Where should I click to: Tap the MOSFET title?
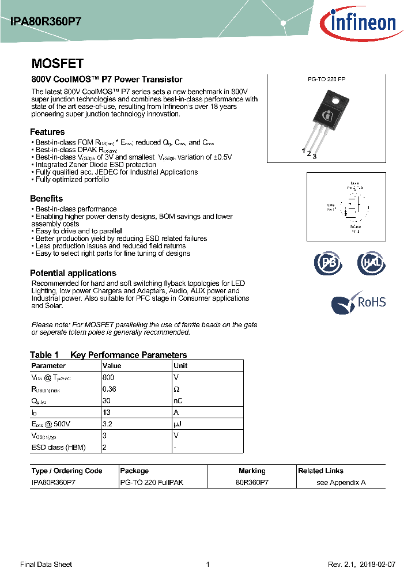tap(57, 64)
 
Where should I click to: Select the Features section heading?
tap(47, 132)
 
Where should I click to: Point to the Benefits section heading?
tap(47, 199)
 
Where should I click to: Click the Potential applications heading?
tap(73, 273)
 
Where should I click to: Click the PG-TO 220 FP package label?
tap(326, 80)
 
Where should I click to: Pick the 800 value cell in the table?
tap(108, 377)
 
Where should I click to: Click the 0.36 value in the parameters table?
tap(110, 389)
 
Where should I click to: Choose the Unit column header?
tap(180, 366)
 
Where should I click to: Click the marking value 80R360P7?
tap(252, 482)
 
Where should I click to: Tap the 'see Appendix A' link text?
tap(341, 482)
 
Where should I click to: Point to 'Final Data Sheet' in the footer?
tap(46, 565)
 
